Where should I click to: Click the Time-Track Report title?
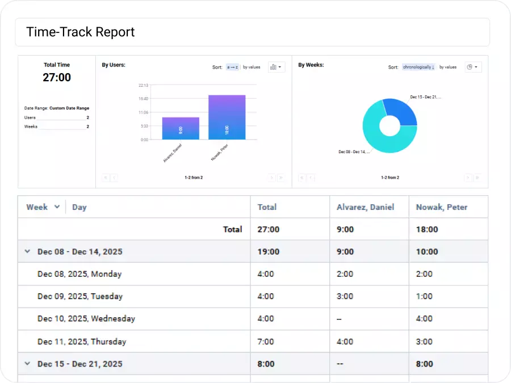coord(81,32)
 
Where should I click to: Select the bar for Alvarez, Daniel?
coord(181,129)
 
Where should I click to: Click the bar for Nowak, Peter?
coord(227,117)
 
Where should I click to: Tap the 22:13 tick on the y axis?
coord(143,85)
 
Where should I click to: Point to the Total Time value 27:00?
coord(57,78)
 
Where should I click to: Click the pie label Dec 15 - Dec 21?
coord(425,97)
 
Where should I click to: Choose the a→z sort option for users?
coord(233,67)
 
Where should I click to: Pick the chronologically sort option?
coord(418,67)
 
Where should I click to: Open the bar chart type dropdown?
coord(276,67)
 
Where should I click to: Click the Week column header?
coord(37,207)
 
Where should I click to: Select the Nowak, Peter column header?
coord(442,207)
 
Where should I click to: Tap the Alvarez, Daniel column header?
coord(365,207)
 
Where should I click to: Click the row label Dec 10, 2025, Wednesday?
coord(86,318)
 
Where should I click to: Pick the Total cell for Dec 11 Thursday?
coord(266,342)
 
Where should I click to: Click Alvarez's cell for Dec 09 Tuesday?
coord(345,296)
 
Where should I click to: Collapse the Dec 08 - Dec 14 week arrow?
coord(27,251)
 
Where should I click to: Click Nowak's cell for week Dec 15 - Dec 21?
coord(426,364)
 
